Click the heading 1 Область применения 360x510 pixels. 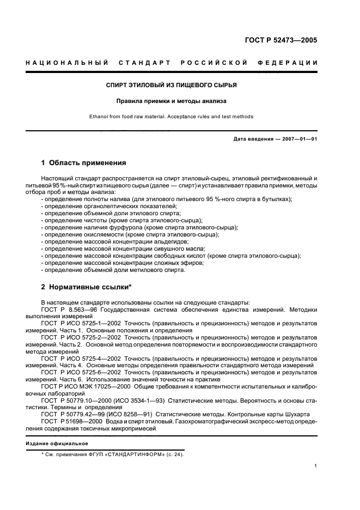[x=84, y=162]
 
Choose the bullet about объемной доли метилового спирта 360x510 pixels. [x=114, y=269]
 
